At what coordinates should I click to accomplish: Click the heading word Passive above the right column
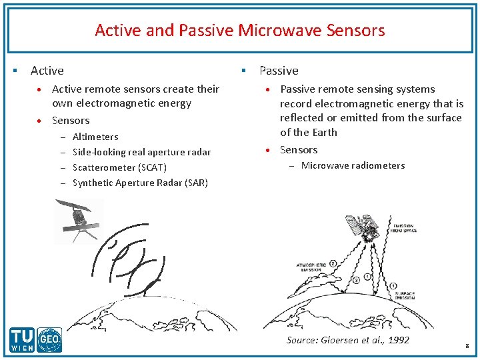pos(279,70)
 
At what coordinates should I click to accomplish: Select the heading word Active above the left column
pos(47,70)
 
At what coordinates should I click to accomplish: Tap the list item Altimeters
pos(95,137)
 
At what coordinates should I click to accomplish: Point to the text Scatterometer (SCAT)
pos(119,167)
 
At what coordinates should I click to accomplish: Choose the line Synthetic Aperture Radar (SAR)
pos(140,183)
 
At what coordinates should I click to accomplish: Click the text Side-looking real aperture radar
pos(141,152)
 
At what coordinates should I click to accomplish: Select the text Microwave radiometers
pos(353,165)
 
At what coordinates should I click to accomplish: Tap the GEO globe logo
pos(49,341)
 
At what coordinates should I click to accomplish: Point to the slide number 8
pos(467,346)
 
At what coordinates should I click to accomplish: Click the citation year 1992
pos(398,340)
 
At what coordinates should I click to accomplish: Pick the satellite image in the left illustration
pos(79,221)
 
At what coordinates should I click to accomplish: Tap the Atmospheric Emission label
pos(311,267)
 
